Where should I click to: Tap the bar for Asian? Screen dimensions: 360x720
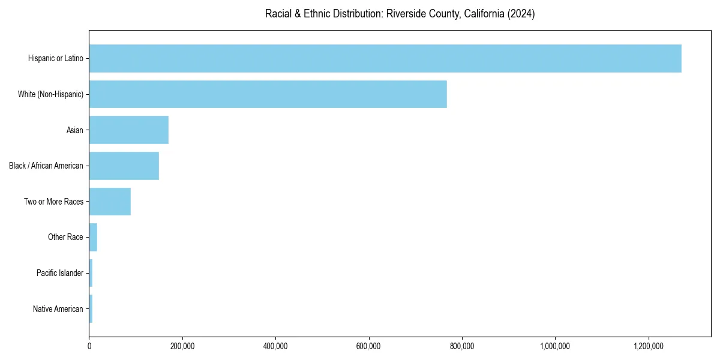coord(128,130)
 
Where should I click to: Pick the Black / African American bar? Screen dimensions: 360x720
coord(124,166)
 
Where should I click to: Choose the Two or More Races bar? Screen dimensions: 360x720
coord(110,202)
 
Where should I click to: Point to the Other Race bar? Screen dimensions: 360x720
coord(93,238)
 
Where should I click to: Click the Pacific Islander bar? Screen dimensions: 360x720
coord(91,274)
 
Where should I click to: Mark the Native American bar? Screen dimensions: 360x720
coord(91,309)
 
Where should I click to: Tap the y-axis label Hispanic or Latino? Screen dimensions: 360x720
coord(56,58)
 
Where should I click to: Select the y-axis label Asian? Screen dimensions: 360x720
coord(75,130)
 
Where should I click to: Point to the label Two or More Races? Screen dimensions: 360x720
coord(54,202)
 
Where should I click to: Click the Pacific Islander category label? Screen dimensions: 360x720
coord(60,274)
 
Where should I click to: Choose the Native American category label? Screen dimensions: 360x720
coord(58,309)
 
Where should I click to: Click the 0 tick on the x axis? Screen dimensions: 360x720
coord(89,346)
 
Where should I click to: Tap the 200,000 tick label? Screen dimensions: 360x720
coord(182,346)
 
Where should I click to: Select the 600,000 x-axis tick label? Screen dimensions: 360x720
coord(369,346)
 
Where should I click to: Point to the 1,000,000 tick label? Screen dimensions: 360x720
coord(556,346)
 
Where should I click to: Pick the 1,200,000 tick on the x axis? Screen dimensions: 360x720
coord(649,346)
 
